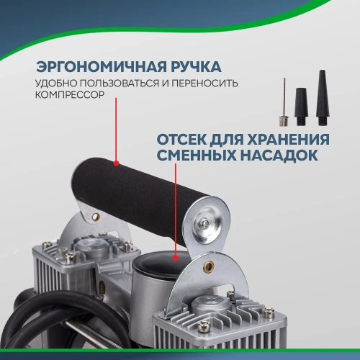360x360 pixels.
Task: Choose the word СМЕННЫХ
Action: point(194,156)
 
